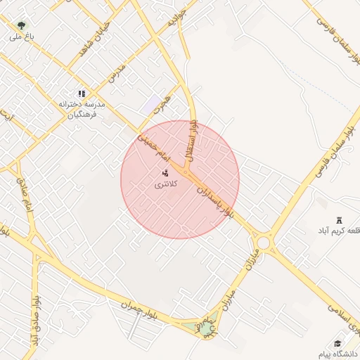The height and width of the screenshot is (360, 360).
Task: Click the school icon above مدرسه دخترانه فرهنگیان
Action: (x=82, y=93)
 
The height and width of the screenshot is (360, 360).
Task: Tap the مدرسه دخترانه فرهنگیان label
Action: (x=82, y=110)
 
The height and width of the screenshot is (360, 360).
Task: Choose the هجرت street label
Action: (x=163, y=106)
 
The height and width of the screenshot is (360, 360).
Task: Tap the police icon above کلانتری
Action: (x=166, y=172)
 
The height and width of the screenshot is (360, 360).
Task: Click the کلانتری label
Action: (x=166, y=184)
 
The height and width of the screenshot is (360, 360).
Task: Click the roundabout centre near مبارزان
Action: (x=263, y=243)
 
